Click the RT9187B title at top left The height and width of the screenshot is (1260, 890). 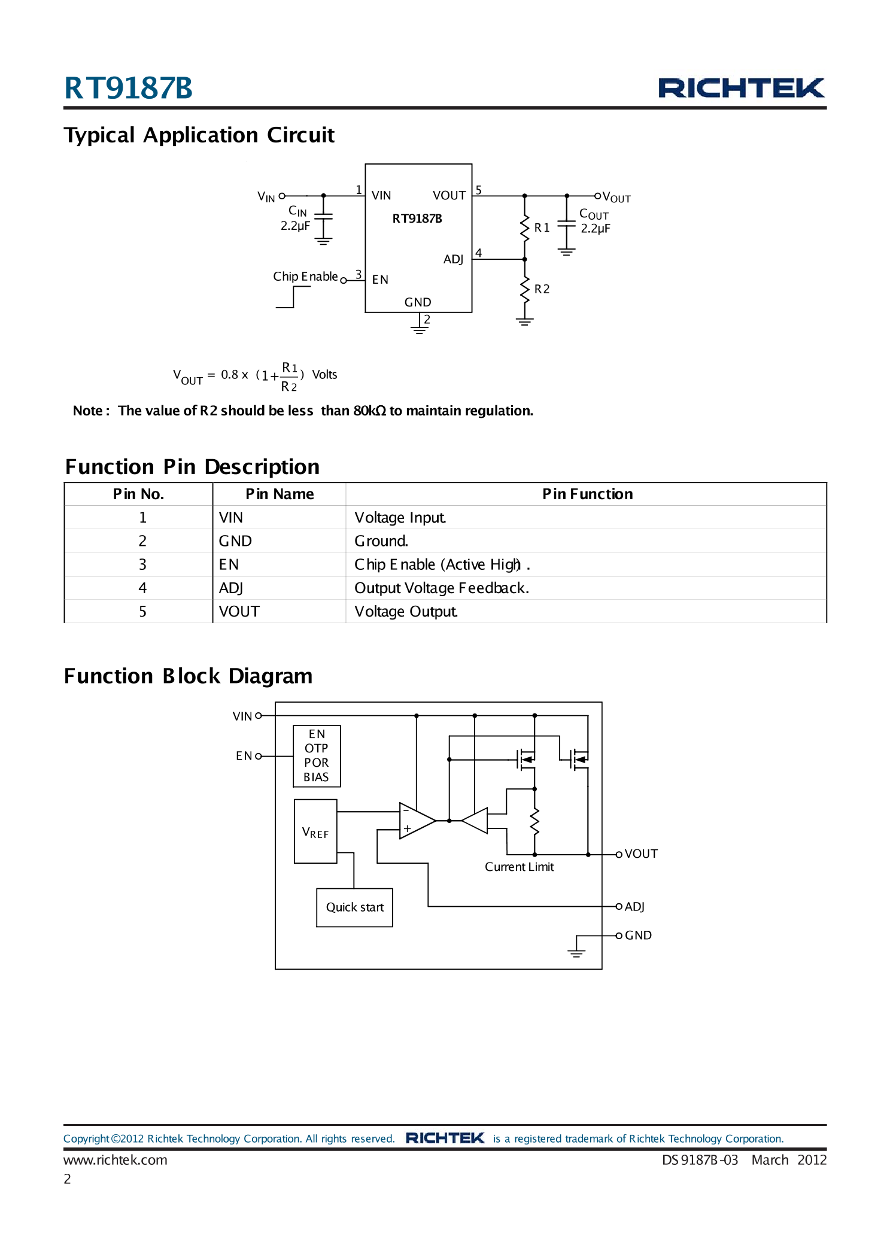(x=128, y=88)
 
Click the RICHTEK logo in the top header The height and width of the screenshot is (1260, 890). (x=741, y=88)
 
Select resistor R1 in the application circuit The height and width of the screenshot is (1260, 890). (x=525, y=228)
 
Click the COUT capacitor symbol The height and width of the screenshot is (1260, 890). (x=566, y=223)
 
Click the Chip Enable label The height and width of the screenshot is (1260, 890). (x=305, y=277)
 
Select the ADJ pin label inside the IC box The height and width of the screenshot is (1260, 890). (x=453, y=259)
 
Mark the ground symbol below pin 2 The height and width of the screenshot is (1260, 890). (x=419, y=329)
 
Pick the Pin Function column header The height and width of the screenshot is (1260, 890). (x=587, y=494)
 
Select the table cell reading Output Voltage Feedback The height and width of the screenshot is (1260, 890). (x=441, y=588)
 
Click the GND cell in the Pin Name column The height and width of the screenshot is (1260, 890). (x=235, y=541)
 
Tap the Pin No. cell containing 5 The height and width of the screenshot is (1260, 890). (x=142, y=611)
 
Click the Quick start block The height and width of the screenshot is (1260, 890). (x=354, y=907)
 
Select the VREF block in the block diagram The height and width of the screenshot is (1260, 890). (x=315, y=831)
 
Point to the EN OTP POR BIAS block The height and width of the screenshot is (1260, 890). (x=317, y=755)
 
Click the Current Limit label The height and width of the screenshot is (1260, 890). (x=519, y=867)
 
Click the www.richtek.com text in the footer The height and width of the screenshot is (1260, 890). (x=116, y=1159)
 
